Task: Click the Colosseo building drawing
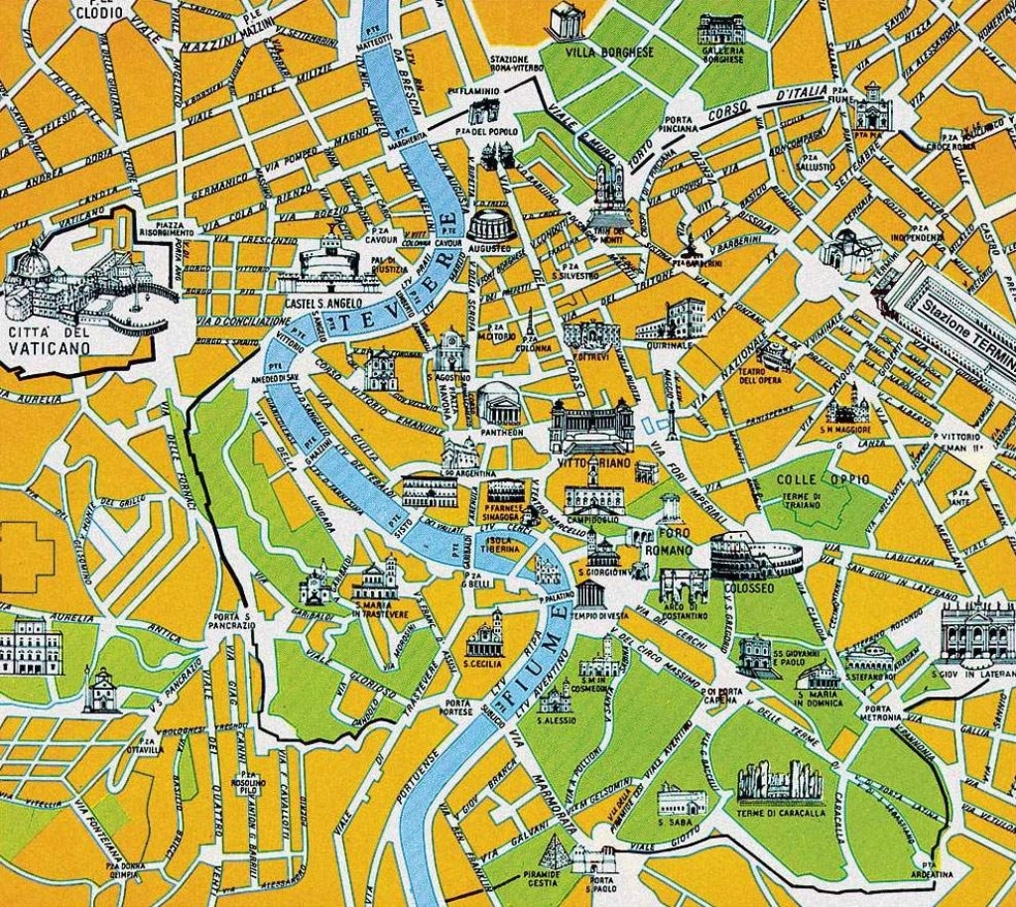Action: pyautogui.click(x=754, y=557)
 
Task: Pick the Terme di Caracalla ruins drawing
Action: pyautogui.click(x=781, y=784)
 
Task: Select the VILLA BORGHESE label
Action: pyautogui.click(x=610, y=52)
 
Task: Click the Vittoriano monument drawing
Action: pyautogui.click(x=591, y=427)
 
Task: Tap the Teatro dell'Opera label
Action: pyautogui.click(x=760, y=374)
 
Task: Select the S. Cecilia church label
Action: pyautogui.click(x=483, y=663)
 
